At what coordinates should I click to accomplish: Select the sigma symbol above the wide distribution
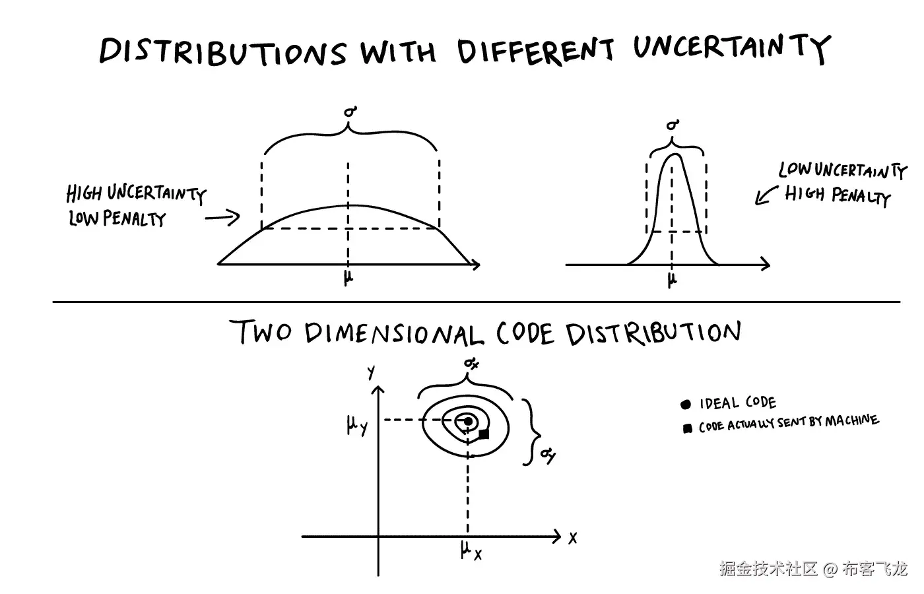(x=350, y=113)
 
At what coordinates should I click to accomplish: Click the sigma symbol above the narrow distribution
(x=673, y=125)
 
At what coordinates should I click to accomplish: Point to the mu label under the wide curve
(x=348, y=279)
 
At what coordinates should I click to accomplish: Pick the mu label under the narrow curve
(x=672, y=280)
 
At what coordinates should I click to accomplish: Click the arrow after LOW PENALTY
(x=222, y=217)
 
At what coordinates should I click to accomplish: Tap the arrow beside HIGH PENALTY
(x=765, y=195)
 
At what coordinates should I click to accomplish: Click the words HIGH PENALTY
(x=837, y=195)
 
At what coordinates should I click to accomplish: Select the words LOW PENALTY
(x=117, y=218)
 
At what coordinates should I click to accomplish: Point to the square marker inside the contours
(x=484, y=434)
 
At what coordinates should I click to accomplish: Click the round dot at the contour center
(x=468, y=421)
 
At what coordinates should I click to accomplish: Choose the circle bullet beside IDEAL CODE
(x=686, y=404)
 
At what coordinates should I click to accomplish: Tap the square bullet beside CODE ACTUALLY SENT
(x=688, y=429)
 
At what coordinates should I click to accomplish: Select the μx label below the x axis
(x=471, y=550)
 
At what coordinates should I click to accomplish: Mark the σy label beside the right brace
(x=547, y=455)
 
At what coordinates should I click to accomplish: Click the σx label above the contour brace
(x=470, y=363)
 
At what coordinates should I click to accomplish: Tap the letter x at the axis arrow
(x=572, y=538)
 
